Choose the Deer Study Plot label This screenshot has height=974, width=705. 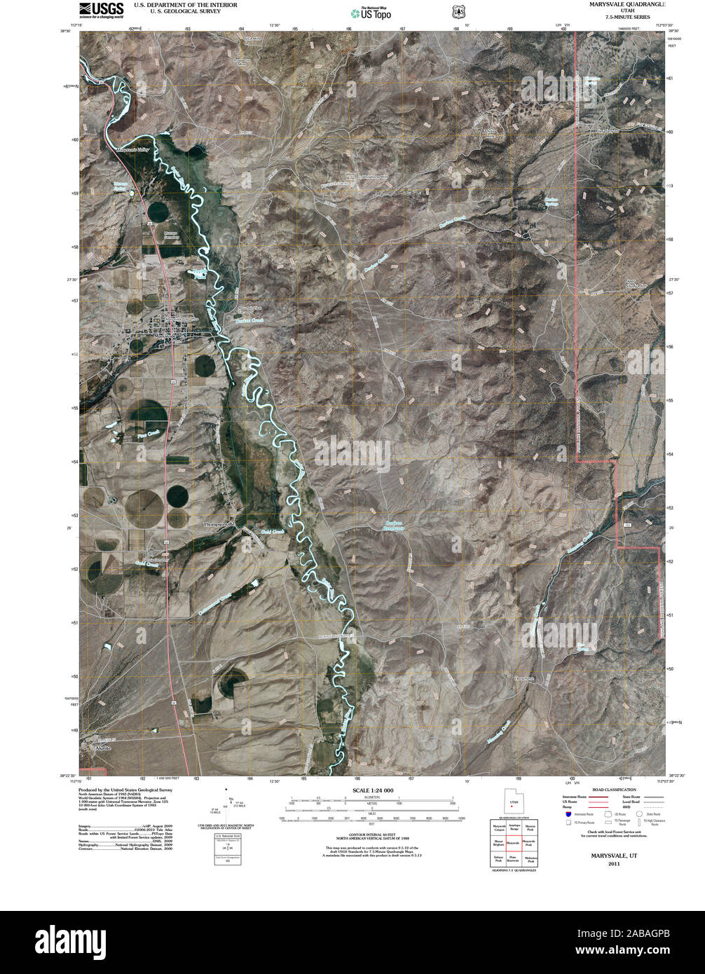(x=635, y=284)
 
